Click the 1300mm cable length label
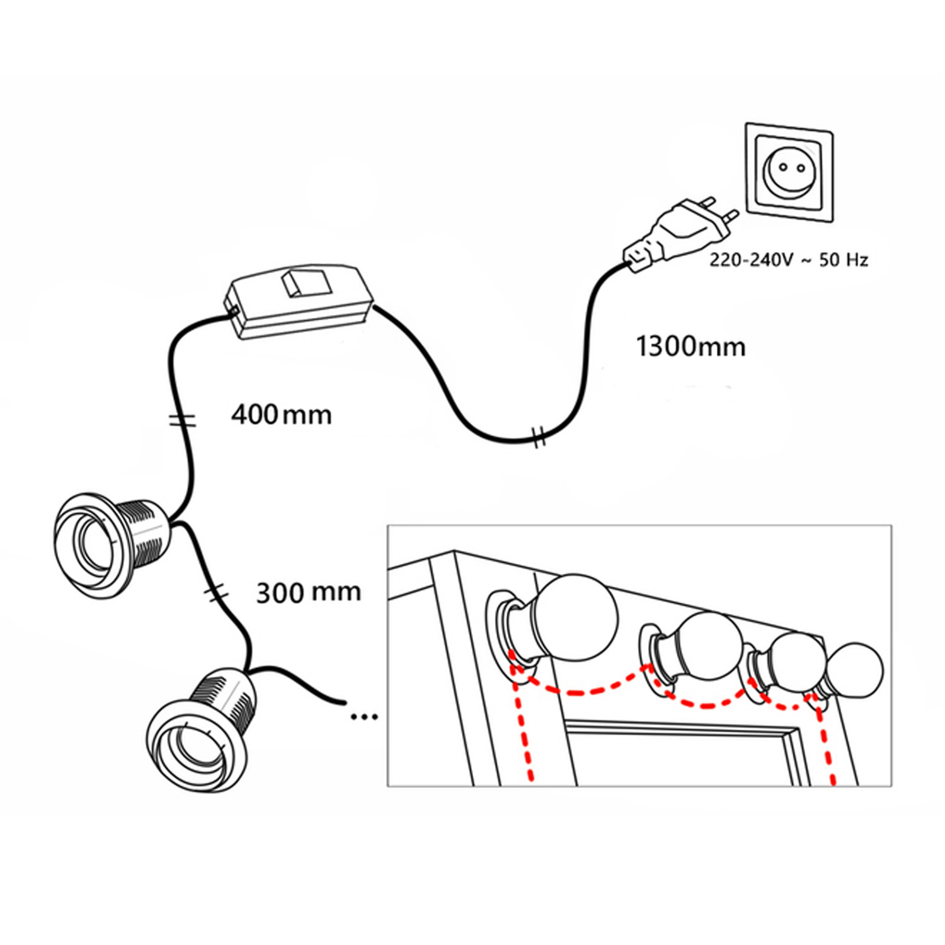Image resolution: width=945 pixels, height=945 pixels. point(690,347)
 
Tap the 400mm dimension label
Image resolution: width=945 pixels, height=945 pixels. point(281,415)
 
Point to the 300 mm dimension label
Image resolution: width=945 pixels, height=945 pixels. point(308,592)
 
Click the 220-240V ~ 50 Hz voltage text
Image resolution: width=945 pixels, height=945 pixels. point(789,260)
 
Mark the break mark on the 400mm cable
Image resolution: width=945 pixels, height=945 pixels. point(183,420)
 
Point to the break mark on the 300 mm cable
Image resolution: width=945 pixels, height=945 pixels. point(215,592)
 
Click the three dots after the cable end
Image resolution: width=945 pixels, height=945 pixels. point(364,716)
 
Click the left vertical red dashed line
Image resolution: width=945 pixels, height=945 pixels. point(523,731)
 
